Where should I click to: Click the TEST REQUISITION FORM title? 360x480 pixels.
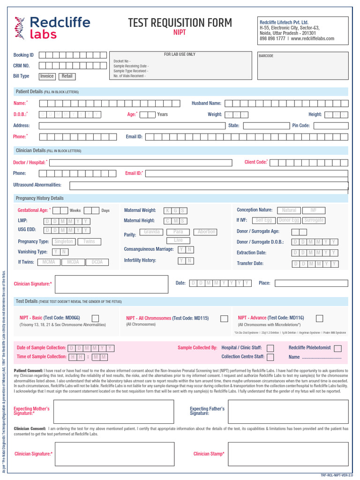click(180, 23)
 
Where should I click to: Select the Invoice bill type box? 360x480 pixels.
click(47, 76)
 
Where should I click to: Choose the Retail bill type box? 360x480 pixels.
click(67, 76)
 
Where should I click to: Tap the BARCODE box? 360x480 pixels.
click(303, 66)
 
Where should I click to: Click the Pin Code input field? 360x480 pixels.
click(331, 126)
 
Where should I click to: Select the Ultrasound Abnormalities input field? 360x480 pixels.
click(209, 185)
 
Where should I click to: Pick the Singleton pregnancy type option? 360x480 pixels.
click(64, 242)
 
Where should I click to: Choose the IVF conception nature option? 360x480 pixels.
click(313, 210)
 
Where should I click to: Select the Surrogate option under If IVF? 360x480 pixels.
click(314, 220)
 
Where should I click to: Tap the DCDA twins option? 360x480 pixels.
click(97, 262)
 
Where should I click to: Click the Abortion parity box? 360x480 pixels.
click(206, 232)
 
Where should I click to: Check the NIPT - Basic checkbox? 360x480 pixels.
click(95, 318)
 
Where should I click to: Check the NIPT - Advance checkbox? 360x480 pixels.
click(319, 318)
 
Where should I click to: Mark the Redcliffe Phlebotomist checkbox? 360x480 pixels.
click(337, 348)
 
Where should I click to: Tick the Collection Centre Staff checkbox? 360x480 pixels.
click(270, 357)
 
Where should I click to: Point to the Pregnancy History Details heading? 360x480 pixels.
click(40, 198)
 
